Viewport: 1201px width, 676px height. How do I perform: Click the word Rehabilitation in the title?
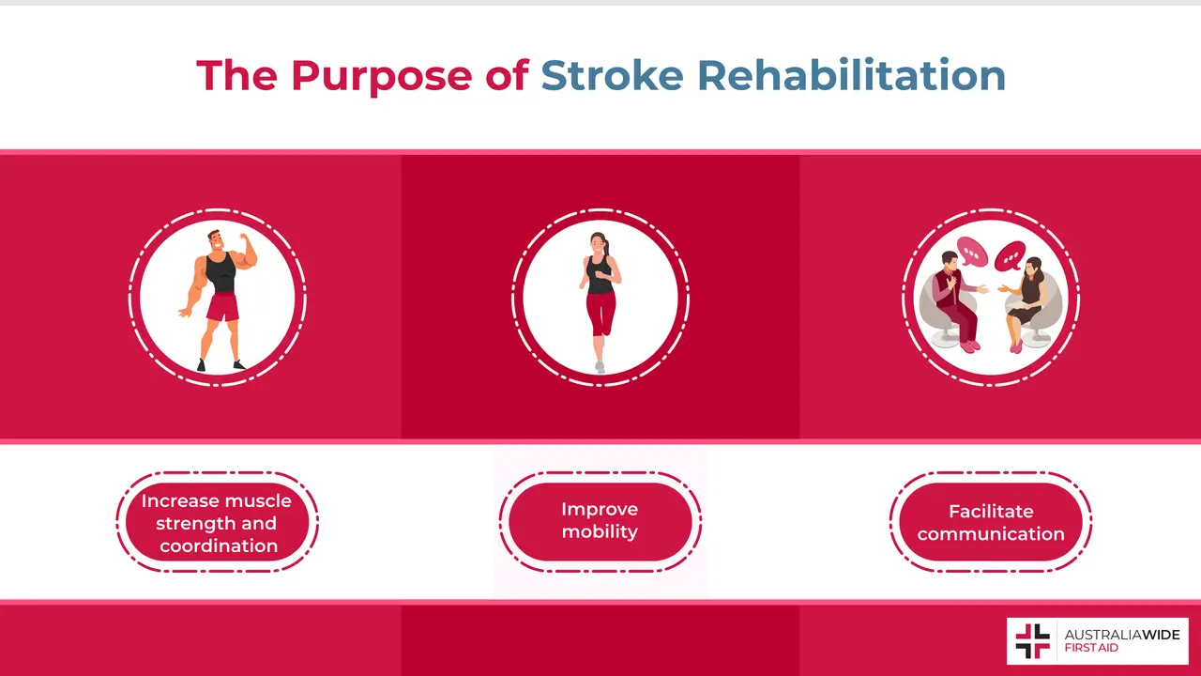(x=852, y=75)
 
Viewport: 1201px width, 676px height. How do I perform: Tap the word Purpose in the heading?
(x=381, y=75)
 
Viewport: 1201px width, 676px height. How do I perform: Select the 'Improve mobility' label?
(x=600, y=520)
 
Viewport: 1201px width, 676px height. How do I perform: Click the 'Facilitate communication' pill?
(x=991, y=522)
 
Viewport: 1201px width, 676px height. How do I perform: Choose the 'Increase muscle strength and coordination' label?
(x=218, y=522)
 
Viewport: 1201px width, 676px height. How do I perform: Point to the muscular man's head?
(x=217, y=240)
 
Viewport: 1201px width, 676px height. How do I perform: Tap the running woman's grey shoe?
(x=600, y=366)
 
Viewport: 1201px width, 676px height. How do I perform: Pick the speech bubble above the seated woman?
(x=1011, y=254)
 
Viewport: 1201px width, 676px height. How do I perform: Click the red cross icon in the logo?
(x=1033, y=641)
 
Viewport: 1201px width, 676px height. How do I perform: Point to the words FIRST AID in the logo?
(x=1091, y=648)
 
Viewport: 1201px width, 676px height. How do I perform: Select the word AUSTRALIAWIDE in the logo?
(x=1121, y=634)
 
